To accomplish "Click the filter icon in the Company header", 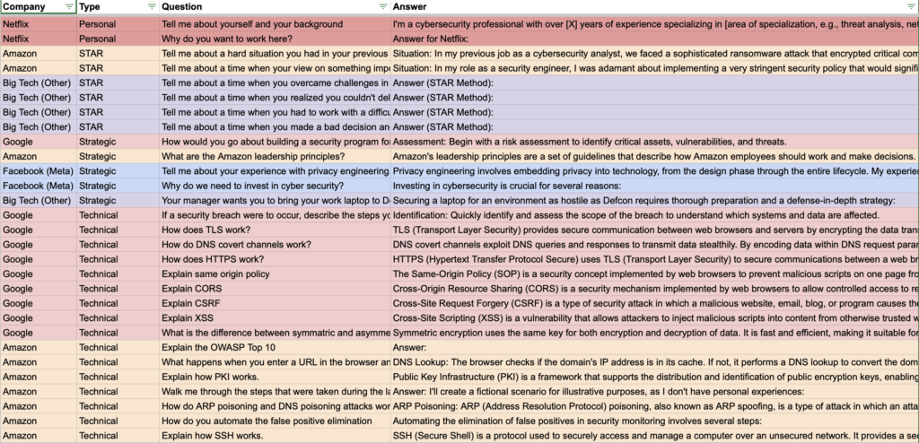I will click(70, 6).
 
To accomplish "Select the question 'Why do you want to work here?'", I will click(227, 39).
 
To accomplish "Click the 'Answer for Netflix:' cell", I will click(431, 39).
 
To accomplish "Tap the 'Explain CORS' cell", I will click(191, 289).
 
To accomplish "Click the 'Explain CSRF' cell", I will click(191, 303).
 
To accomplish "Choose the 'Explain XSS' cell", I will click(188, 317).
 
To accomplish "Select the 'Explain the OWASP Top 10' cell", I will click(218, 347).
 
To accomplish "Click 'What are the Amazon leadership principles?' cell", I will click(248, 156).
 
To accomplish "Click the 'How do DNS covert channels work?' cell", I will click(236, 244).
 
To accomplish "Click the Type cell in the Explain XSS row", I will click(98, 317).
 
